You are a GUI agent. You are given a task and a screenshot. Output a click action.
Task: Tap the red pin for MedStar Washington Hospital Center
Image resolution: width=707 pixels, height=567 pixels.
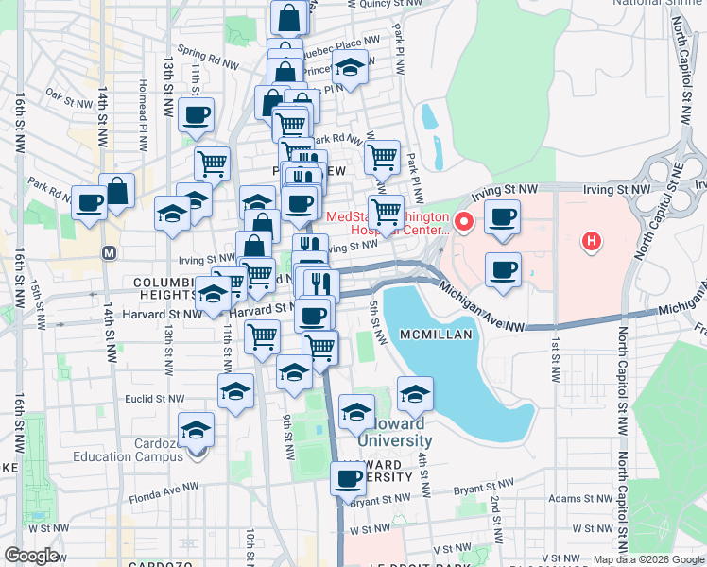[464, 223]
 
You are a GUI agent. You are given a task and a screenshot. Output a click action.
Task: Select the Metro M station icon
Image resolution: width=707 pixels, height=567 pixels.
[110, 253]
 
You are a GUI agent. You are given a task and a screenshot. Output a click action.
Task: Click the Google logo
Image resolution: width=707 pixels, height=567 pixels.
[31, 556]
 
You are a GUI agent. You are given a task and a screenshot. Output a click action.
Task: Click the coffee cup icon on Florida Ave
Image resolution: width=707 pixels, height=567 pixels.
[348, 478]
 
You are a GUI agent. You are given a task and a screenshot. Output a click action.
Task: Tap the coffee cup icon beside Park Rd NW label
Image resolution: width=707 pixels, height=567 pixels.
[90, 201]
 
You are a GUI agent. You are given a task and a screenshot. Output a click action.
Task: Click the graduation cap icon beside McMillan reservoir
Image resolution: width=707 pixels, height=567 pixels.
[414, 394]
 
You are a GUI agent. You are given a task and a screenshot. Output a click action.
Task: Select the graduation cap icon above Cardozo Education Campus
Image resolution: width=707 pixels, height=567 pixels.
[197, 429]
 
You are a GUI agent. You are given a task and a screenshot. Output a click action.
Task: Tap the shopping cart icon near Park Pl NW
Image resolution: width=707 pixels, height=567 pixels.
[382, 158]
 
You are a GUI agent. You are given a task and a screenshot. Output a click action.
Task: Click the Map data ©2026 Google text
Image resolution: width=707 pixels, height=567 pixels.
[648, 559]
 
